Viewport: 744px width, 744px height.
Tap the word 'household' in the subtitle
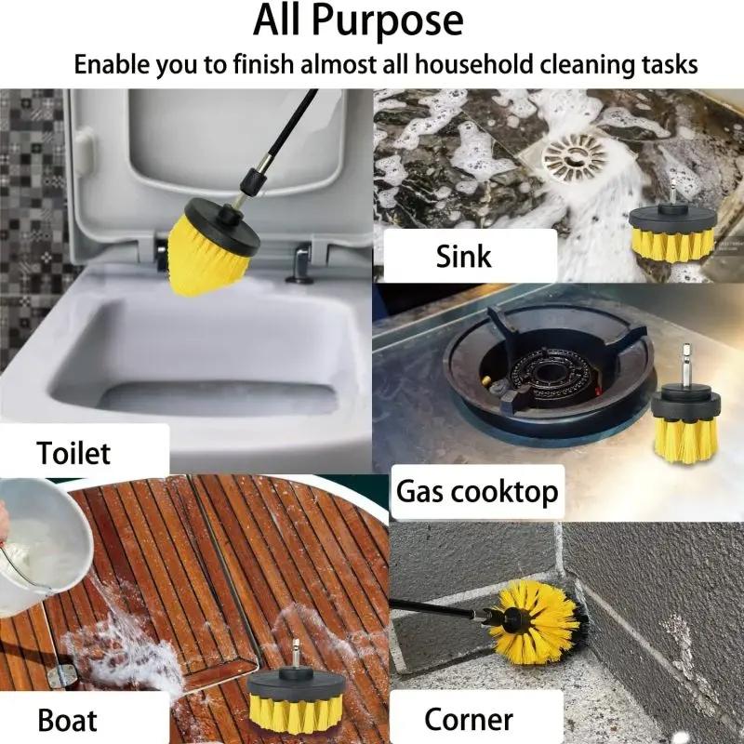point(473,65)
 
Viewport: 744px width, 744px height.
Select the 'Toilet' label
point(73,453)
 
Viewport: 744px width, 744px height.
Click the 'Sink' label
point(463,256)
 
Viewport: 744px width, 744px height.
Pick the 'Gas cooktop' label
point(477,491)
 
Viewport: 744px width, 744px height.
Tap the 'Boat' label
point(67,718)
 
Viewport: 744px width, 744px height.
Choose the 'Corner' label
point(469,718)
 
